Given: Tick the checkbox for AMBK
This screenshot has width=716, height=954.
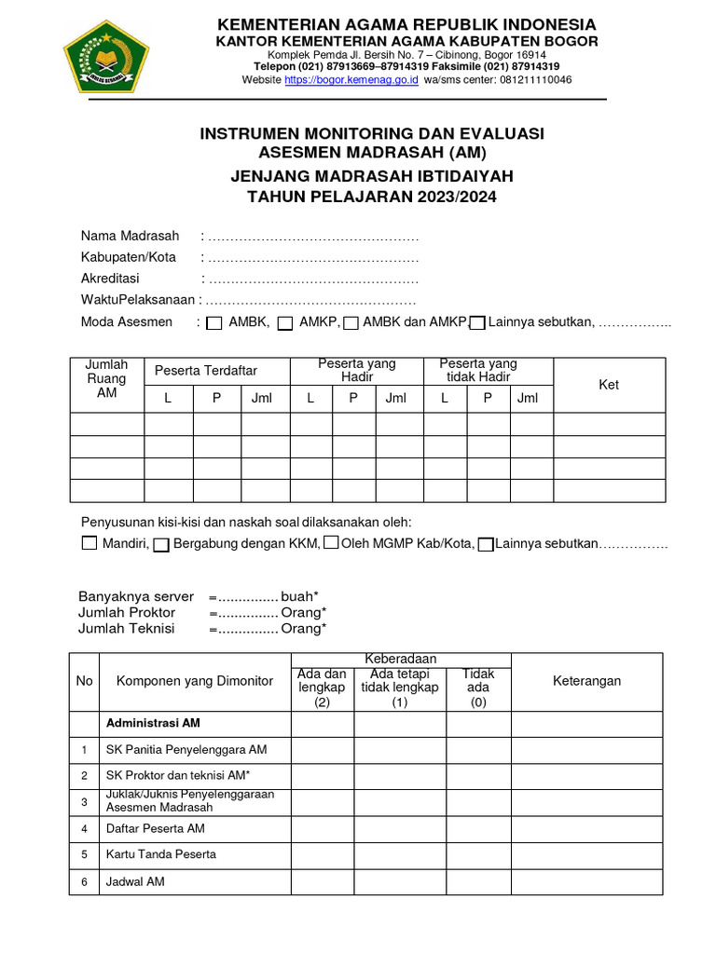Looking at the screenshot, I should (213, 323).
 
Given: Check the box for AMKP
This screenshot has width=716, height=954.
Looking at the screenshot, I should (286, 323).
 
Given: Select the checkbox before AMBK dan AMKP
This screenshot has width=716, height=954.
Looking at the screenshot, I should (351, 323).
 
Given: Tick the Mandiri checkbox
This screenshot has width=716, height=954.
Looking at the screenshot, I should (89, 543).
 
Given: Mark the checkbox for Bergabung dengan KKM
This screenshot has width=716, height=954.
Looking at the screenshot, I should (161, 544).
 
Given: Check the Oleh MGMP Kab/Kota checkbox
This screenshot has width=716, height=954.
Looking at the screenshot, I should (331, 543).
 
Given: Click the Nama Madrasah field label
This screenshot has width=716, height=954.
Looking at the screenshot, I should (130, 236).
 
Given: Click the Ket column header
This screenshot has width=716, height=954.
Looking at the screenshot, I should (609, 385).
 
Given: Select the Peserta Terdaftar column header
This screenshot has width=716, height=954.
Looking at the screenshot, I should (206, 371).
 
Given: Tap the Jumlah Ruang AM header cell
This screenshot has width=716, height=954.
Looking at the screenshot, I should (106, 378).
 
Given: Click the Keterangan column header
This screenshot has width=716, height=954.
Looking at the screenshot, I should (586, 681).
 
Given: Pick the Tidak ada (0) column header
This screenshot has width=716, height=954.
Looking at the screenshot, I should (478, 688).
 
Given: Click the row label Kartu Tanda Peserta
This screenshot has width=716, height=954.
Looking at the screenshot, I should (161, 854).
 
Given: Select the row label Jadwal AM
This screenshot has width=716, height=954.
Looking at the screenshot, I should (135, 880).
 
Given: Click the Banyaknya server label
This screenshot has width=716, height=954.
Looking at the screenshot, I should (136, 596).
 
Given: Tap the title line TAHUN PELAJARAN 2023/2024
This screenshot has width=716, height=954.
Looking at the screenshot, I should (371, 197).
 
